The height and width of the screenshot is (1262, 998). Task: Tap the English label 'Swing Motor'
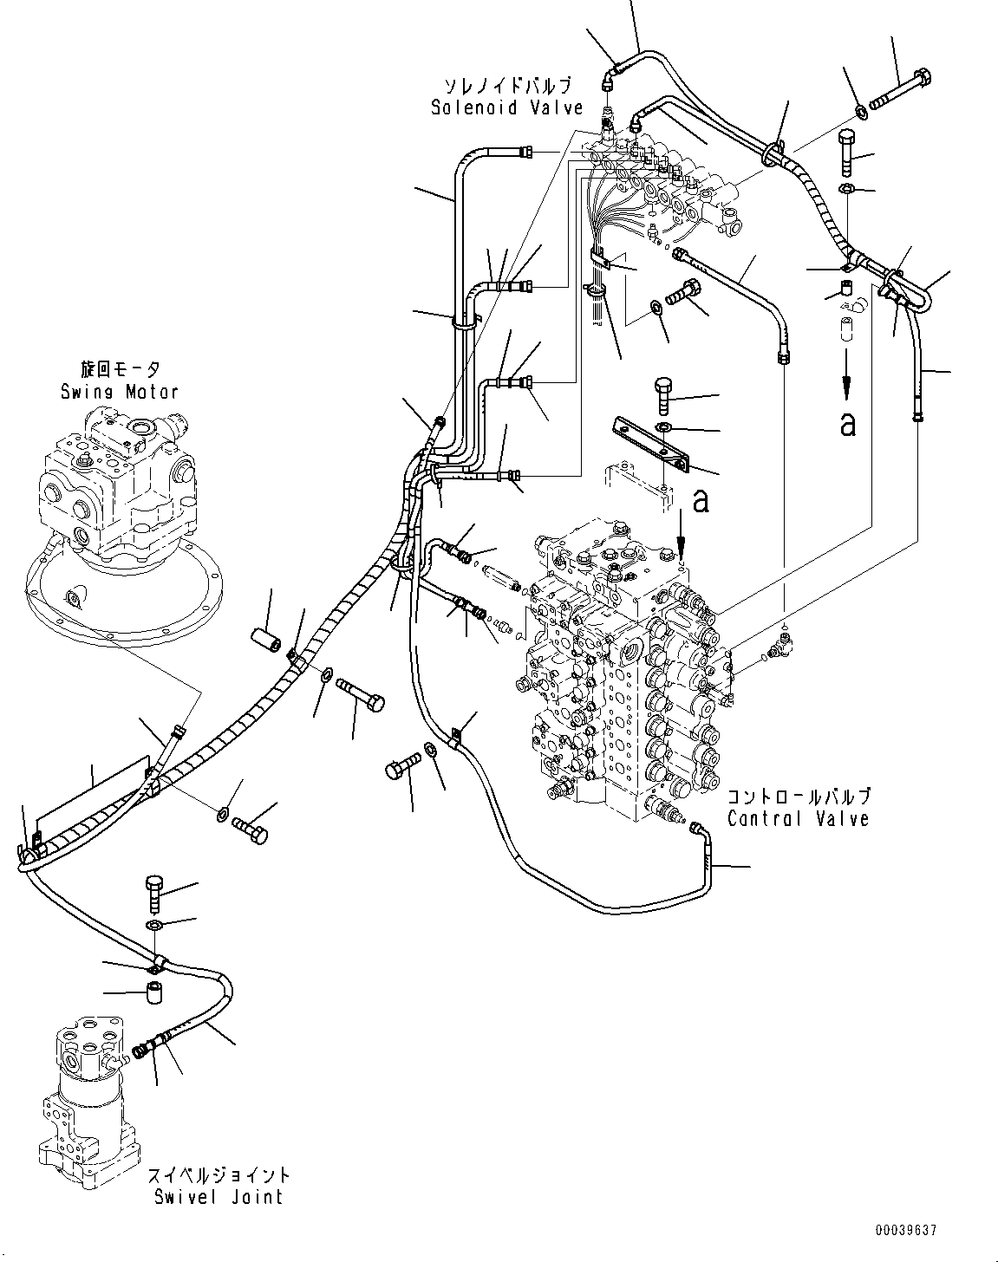point(120,391)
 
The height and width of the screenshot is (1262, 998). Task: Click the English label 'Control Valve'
point(798,819)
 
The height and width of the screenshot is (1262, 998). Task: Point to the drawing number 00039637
point(907,1230)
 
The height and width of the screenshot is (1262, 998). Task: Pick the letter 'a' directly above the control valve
point(700,501)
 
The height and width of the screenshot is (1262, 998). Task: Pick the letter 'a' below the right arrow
point(847,424)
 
